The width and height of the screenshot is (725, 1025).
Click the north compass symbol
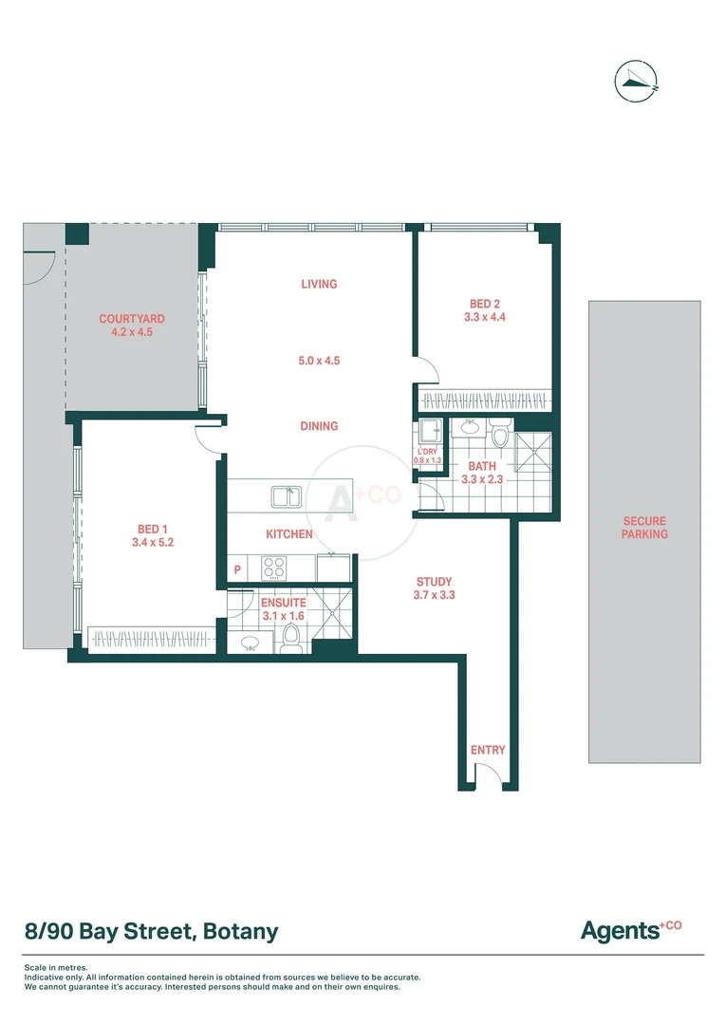(x=636, y=81)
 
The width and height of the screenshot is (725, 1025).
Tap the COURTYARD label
(x=132, y=320)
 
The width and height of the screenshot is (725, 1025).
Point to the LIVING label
(x=319, y=284)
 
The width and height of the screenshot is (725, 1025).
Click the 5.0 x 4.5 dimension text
(x=319, y=361)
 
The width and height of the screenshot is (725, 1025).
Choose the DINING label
(x=319, y=426)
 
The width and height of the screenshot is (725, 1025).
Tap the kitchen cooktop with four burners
(x=274, y=567)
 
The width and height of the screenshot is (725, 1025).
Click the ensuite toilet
(x=292, y=643)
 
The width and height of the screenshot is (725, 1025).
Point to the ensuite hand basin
(x=251, y=643)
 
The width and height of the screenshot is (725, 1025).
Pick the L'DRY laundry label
(x=427, y=452)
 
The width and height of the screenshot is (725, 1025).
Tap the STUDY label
(x=434, y=582)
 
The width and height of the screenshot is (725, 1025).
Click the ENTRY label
(x=488, y=750)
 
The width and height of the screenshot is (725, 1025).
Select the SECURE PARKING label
(x=644, y=528)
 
